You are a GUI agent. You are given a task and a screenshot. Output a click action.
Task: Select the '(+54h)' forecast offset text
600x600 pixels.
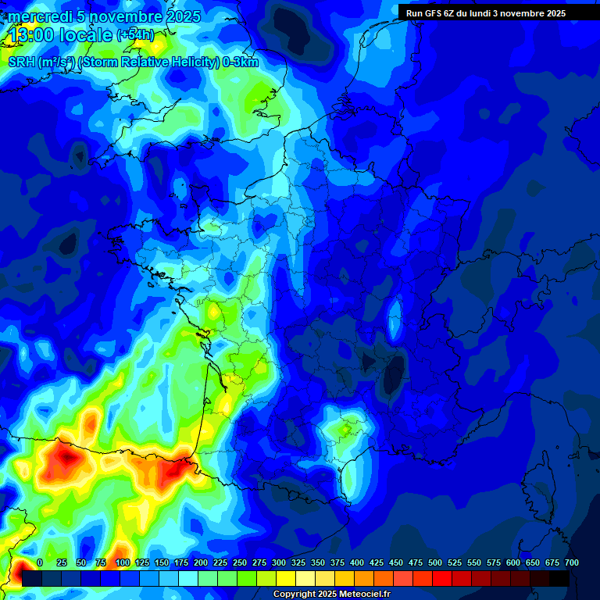[135, 35]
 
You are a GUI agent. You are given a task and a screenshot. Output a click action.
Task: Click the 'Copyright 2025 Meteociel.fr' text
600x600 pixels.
[331, 595]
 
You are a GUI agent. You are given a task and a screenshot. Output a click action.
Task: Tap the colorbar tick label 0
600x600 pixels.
[40, 562]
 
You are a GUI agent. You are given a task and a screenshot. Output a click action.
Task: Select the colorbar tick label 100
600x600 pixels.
[123, 562]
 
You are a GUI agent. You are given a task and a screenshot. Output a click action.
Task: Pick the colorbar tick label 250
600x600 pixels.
[240, 562]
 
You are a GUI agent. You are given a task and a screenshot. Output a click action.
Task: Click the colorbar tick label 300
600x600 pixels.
[279, 562]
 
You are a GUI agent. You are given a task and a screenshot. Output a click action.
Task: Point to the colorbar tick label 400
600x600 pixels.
[357, 562]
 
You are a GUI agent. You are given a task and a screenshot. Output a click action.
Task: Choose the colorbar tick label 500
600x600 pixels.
[435, 562]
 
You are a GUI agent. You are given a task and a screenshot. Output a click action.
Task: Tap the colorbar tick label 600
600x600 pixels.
[513, 562]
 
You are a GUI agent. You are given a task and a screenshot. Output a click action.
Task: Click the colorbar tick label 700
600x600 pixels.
[571, 562]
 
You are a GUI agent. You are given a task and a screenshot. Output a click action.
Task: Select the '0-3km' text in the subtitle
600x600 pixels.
[241, 62]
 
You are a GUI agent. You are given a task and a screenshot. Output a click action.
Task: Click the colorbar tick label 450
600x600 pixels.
[396, 562]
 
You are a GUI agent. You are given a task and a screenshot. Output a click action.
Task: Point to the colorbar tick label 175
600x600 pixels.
[181, 562]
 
